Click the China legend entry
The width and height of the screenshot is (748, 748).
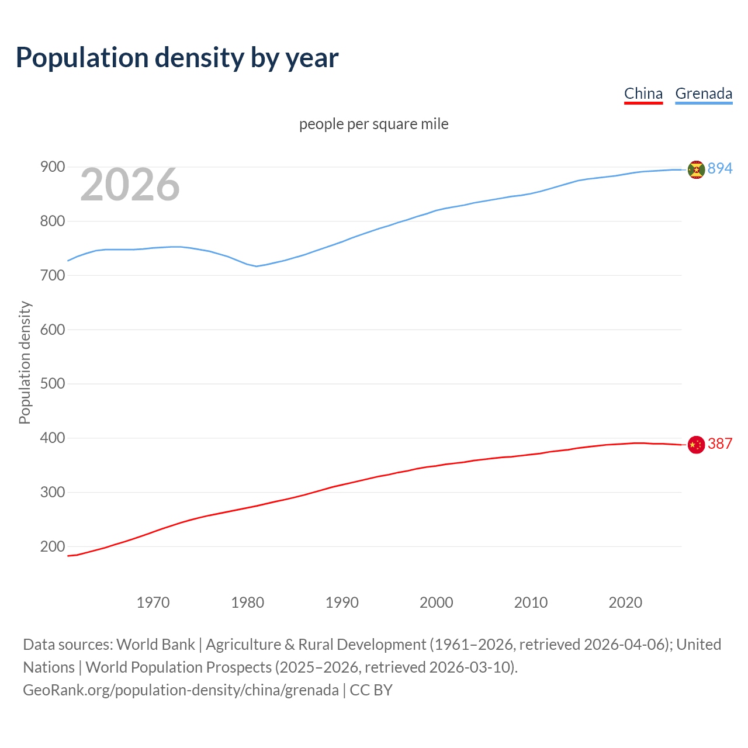(643, 94)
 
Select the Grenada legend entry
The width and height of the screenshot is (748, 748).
(703, 94)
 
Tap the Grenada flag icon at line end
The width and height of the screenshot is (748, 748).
(696, 169)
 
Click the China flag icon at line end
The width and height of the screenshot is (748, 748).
(696, 445)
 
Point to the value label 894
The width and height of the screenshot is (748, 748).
(719, 168)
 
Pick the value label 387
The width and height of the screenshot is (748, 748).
(719, 444)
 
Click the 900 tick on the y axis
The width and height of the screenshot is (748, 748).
(53, 167)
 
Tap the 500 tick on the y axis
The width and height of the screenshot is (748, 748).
(53, 384)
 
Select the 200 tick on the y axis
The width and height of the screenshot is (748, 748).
(53, 547)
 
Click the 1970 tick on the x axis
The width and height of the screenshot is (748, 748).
(153, 602)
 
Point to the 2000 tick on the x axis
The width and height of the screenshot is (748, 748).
(436, 602)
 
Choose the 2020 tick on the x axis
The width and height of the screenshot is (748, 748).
(625, 602)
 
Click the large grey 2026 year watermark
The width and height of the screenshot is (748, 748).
(130, 185)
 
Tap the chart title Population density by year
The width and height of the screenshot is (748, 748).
(177, 58)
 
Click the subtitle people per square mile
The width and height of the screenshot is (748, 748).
(373, 124)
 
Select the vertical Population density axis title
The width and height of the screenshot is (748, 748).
(25, 362)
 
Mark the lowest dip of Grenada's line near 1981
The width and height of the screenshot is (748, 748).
(256, 266)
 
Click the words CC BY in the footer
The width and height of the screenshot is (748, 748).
(371, 690)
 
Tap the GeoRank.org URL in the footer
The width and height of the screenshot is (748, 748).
(181, 690)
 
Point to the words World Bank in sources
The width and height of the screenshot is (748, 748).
(155, 645)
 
